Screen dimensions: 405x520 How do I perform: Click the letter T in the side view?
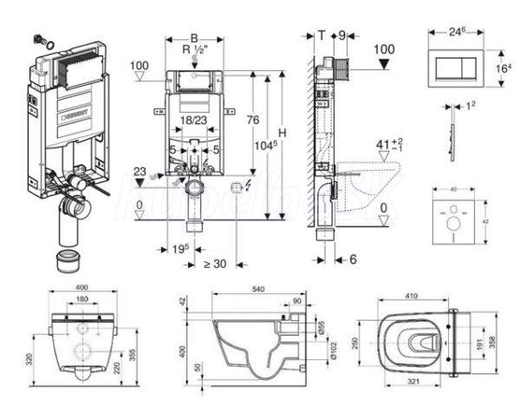pos(322,36)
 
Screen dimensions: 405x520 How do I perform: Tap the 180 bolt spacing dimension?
pos(81,300)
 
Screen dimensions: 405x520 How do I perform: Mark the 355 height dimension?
pos(131,355)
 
